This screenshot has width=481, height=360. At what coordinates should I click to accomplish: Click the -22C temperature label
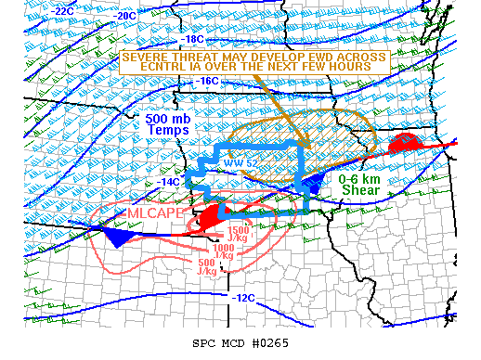point(62,10)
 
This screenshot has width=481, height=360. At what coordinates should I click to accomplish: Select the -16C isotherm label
point(207,81)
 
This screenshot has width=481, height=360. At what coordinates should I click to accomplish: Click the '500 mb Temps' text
point(167,124)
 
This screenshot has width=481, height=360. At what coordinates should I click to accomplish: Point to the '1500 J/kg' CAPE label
point(238,233)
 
